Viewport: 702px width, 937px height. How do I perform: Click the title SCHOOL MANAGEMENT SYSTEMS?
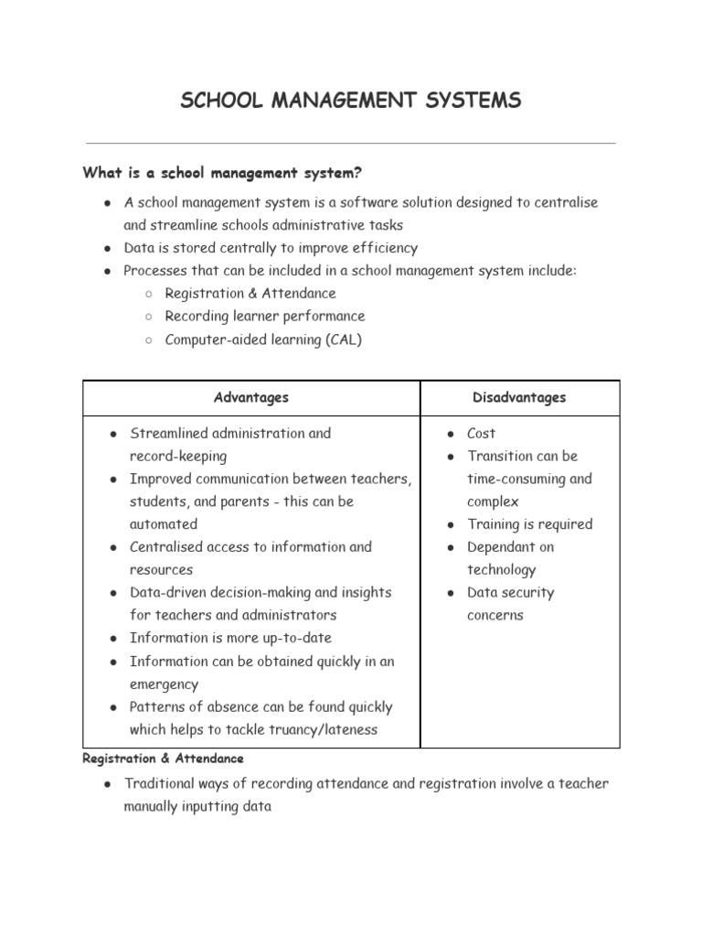click(351, 100)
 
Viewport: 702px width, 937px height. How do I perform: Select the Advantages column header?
click(250, 397)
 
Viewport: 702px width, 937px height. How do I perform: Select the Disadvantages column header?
click(519, 397)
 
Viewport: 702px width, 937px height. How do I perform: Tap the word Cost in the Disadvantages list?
click(481, 434)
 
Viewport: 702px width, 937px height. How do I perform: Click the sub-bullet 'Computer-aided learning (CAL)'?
click(263, 339)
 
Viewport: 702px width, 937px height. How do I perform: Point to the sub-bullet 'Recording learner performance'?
click(264, 317)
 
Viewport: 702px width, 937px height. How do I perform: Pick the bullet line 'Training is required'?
click(529, 524)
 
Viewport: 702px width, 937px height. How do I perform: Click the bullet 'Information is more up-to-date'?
click(230, 639)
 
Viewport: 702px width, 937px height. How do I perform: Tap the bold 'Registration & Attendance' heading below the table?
click(163, 759)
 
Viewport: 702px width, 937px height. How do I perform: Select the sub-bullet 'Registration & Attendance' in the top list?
click(250, 294)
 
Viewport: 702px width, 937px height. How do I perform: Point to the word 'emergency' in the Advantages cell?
click(164, 684)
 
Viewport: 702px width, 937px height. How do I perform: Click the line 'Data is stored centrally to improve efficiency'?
click(271, 248)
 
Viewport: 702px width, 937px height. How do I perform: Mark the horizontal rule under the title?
click(351, 143)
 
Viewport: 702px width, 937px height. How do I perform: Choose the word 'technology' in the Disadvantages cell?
click(501, 570)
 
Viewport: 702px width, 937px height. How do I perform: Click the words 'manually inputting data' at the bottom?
click(197, 808)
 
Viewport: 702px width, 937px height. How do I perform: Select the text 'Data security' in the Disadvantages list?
click(510, 593)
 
